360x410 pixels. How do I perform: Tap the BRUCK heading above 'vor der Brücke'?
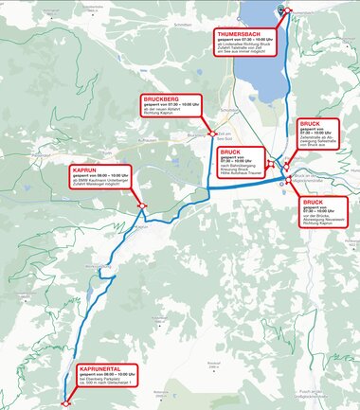(313, 203)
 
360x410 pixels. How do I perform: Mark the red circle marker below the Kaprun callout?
(140, 205)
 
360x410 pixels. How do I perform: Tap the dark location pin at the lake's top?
(280, 9)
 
